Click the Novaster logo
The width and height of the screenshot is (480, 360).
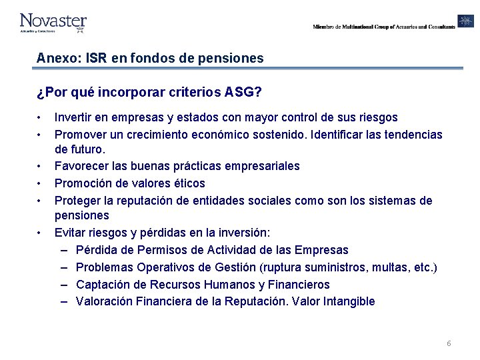click(x=53, y=22)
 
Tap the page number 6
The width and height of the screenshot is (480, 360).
click(x=449, y=343)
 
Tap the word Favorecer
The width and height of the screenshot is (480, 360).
click(x=82, y=166)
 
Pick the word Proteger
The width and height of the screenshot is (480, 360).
click(x=77, y=201)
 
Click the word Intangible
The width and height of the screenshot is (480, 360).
click(x=349, y=301)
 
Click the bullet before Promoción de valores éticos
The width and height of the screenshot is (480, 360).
click(x=40, y=183)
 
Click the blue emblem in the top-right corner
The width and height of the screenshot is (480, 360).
click(x=465, y=21)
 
